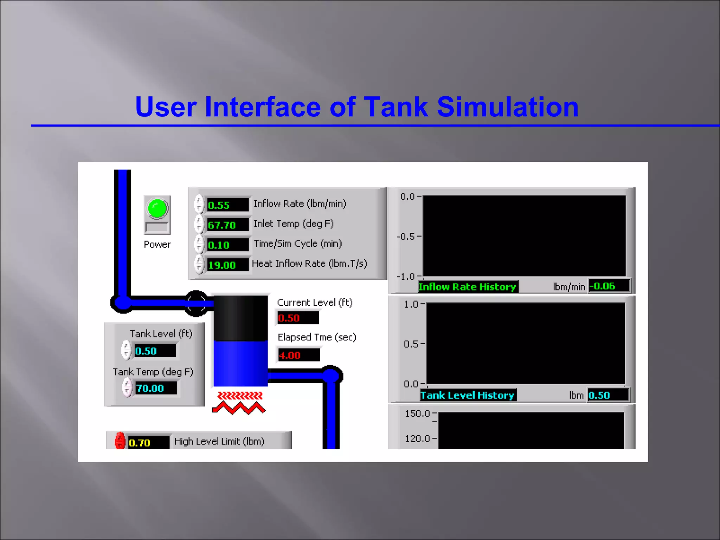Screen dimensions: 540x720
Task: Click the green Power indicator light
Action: tap(157, 208)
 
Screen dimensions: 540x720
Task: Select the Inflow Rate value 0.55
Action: tap(227, 205)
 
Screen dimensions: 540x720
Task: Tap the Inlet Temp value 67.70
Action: tap(227, 225)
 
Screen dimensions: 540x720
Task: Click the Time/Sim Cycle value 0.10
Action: tap(227, 245)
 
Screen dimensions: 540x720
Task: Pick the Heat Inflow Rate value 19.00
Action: tap(227, 265)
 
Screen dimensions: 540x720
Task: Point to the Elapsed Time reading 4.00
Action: tap(298, 355)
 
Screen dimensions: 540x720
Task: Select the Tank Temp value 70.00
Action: tap(155, 388)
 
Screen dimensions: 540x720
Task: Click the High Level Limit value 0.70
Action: tap(148, 443)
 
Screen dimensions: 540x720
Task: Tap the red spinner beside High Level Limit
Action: tap(120, 441)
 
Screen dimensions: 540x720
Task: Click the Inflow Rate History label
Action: tap(467, 287)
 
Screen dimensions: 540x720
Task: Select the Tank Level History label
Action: tap(468, 395)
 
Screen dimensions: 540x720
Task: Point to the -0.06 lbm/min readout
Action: tap(609, 286)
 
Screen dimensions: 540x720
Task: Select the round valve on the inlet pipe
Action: tap(196, 303)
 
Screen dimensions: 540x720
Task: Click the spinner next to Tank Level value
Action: tap(126, 350)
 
